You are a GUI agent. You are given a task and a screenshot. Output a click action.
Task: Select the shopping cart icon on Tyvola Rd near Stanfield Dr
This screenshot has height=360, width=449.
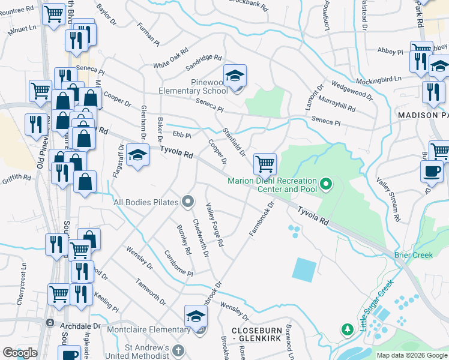tap(264, 163)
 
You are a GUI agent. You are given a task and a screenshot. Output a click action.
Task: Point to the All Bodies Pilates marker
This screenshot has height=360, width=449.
tap(188, 202)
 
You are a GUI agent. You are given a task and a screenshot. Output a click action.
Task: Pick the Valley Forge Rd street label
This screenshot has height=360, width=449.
tap(214, 225)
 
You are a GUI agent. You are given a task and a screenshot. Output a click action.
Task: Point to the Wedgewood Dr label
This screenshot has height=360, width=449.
tap(352, 91)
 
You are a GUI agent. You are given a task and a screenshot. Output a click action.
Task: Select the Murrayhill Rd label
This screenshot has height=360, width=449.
tap(337, 104)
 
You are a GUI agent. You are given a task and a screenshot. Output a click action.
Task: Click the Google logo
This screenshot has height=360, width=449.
tap(20, 353)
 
